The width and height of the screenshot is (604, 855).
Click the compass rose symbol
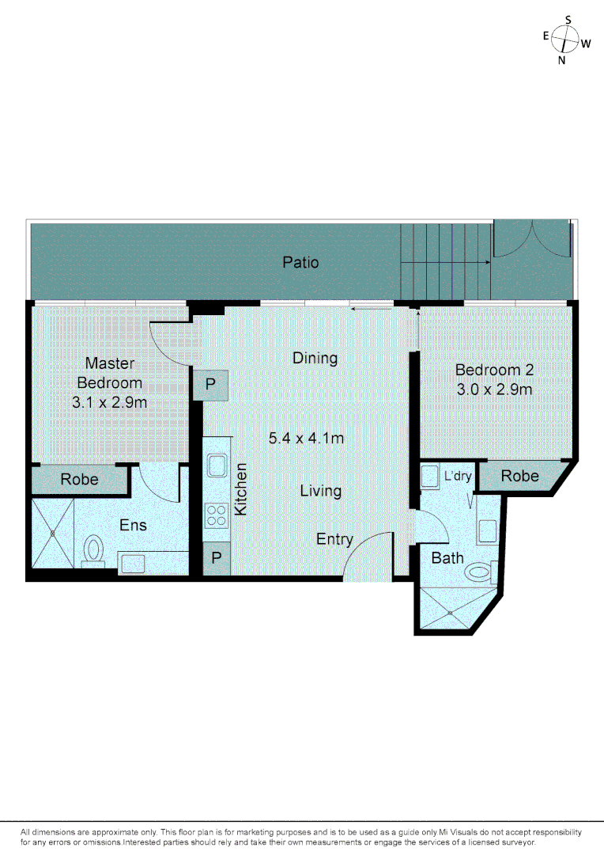click(x=566, y=39)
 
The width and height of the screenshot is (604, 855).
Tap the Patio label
click(x=301, y=262)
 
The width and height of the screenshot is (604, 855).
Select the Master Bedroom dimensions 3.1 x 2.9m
click(x=110, y=401)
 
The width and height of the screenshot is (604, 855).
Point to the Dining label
click(x=315, y=358)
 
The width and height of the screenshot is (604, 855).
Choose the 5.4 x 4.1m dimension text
click(x=306, y=438)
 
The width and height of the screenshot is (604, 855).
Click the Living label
click(x=320, y=491)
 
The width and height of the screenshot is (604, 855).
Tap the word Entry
click(x=334, y=539)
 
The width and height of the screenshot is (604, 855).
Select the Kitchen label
click(x=242, y=489)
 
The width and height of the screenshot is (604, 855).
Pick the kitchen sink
click(x=216, y=465)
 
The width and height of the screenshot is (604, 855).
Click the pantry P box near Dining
click(x=211, y=386)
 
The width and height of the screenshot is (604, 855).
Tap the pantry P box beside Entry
click(x=215, y=559)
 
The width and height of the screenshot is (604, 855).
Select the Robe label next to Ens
click(x=80, y=479)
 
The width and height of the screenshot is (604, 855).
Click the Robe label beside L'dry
click(x=520, y=476)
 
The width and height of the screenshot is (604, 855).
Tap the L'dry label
click(x=458, y=477)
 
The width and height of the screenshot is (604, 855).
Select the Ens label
click(x=133, y=525)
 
